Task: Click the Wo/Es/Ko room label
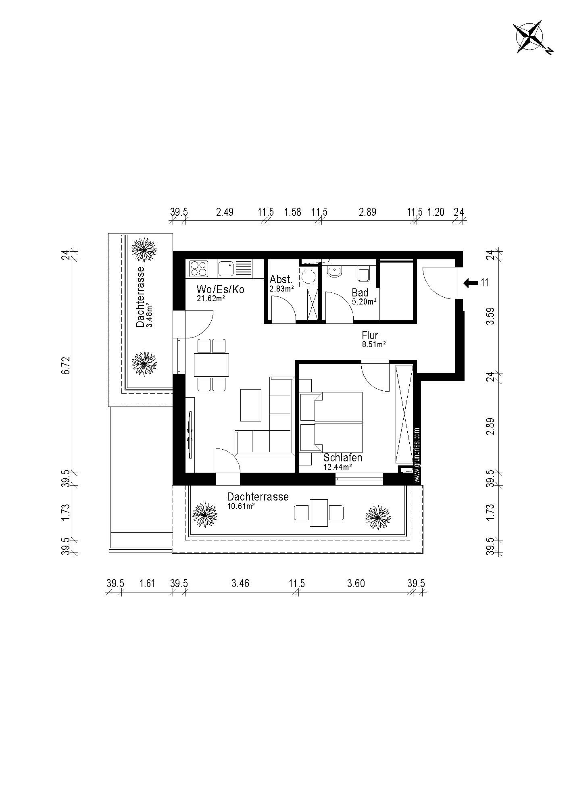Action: tap(220, 290)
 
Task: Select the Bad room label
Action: tap(360, 292)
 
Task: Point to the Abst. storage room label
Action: tap(281, 279)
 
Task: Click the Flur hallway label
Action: tap(370, 336)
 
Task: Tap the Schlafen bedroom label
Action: tap(343, 458)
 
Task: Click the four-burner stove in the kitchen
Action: tap(198, 269)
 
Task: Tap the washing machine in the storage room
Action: tap(308, 275)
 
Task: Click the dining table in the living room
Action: tap(211, 365)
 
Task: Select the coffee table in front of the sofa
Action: tap(251, 405)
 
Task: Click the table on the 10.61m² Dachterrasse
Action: tap(319, 513)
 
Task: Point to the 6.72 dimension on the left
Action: tap(67, 365)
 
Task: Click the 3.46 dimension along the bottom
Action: tap(240, 583)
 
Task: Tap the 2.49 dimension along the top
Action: tap(225, 212)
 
